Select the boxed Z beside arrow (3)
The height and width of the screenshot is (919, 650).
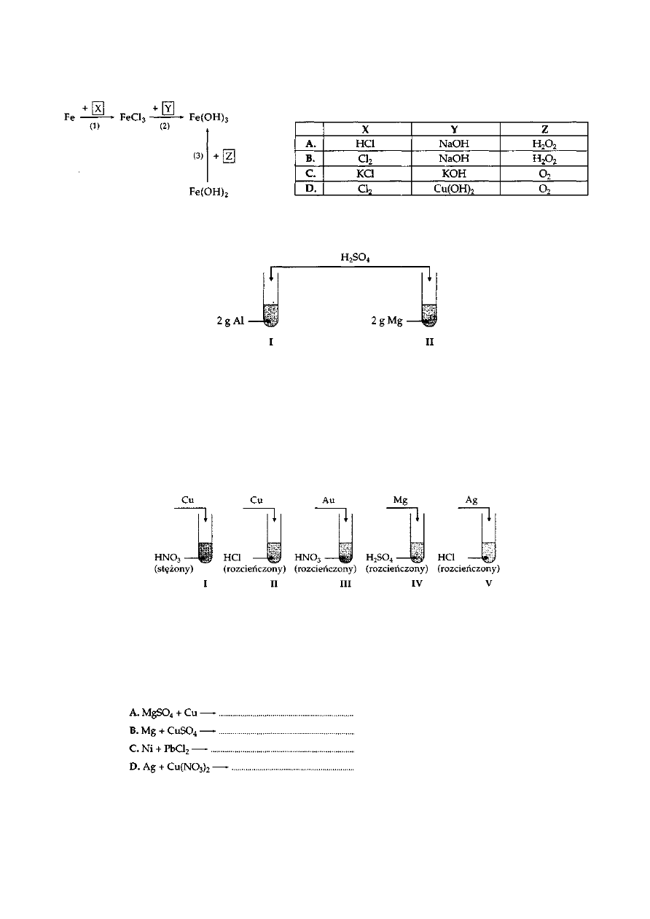click(229, 157)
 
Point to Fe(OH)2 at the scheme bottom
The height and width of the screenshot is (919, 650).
click(208, 193)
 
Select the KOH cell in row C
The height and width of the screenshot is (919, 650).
click(456, 173)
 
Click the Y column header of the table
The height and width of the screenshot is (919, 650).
click(456, 129)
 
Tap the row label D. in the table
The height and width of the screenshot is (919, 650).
click(309, 188)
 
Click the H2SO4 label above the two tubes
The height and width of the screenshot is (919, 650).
click(354, 257)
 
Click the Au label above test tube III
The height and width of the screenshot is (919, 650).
click(328, 501)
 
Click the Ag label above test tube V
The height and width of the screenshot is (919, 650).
click(471, 501)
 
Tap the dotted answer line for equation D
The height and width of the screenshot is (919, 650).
click(291, 767)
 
